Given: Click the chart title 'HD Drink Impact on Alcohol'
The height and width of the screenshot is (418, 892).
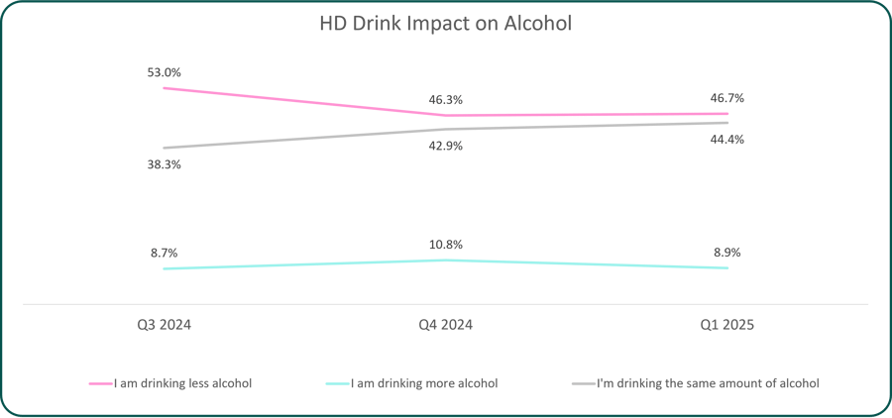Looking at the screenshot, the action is [445, 25].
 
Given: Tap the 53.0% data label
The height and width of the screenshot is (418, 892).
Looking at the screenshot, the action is [164, 73].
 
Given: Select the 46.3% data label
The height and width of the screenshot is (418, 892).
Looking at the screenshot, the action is [445, 100].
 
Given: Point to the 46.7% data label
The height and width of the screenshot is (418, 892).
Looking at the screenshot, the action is [727, 98].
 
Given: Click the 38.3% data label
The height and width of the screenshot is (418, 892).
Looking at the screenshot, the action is [164, 165].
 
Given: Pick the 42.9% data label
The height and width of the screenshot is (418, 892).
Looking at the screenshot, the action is [445, 147].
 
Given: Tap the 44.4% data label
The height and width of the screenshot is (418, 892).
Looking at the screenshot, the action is [727, 140].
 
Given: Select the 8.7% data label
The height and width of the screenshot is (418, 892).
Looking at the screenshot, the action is [164, 253].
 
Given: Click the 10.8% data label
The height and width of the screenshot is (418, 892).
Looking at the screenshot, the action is [445, 245].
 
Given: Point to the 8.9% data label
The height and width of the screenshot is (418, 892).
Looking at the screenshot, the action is [727, 253].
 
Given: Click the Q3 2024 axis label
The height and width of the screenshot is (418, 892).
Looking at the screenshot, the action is [164, 325].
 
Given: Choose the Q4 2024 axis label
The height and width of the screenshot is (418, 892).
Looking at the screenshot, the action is [445, 325].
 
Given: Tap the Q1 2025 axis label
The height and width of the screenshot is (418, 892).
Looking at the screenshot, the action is [727, 325].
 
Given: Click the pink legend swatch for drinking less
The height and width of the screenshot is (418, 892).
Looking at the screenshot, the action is [101, 384].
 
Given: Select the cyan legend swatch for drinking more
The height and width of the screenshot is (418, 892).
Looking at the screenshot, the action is [337, 384].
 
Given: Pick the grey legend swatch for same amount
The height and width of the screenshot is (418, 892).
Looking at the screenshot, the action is [583, 384].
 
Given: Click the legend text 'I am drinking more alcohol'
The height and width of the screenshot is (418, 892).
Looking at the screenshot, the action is [424, 384].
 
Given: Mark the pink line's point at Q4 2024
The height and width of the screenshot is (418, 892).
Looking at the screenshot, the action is [445, 116].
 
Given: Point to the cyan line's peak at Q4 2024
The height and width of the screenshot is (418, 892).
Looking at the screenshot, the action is [445, 260].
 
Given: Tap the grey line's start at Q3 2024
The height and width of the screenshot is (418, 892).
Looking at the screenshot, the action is [164, 148].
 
